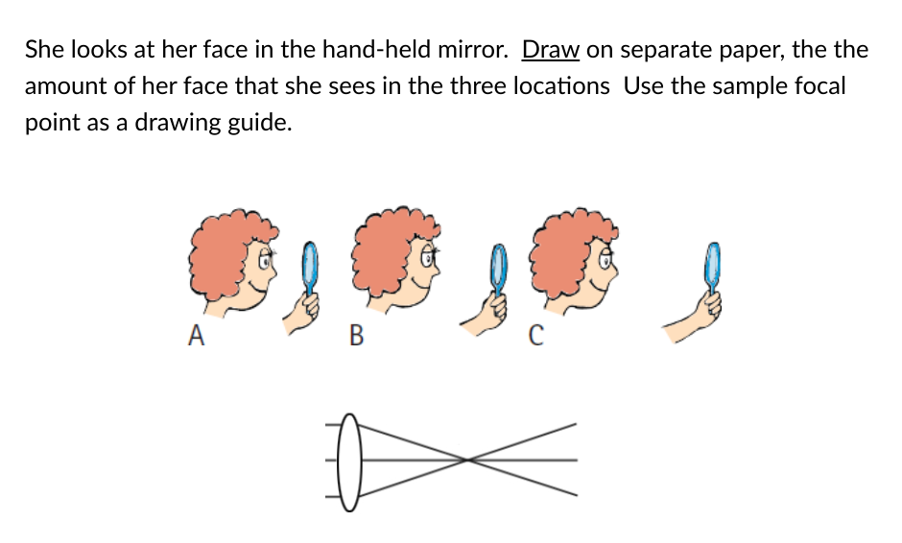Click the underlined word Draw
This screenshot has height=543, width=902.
(x=551, y=50)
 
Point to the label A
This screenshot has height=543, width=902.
(x=196, y=335)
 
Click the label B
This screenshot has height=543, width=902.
(x=356, y=335)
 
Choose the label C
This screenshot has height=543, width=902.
(x=535, y=335)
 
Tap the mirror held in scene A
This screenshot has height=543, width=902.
(x=310, y=269)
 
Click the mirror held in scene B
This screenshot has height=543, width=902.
(x=498, y=269)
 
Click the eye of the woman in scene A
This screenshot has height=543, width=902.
(x=265, y=261)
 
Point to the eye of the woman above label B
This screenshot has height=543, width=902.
(x=427, y=259)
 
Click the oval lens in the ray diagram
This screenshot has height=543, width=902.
(x=349, y=461)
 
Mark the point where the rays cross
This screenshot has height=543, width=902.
(x=467, y=460)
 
